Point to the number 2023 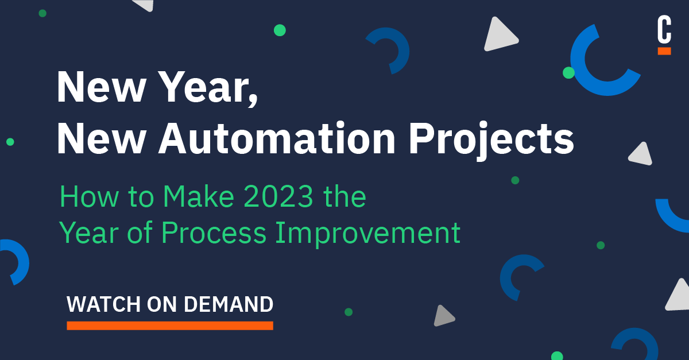coord(279,198)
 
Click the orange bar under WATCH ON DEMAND coord(170,326)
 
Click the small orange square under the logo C coord(664,51)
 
